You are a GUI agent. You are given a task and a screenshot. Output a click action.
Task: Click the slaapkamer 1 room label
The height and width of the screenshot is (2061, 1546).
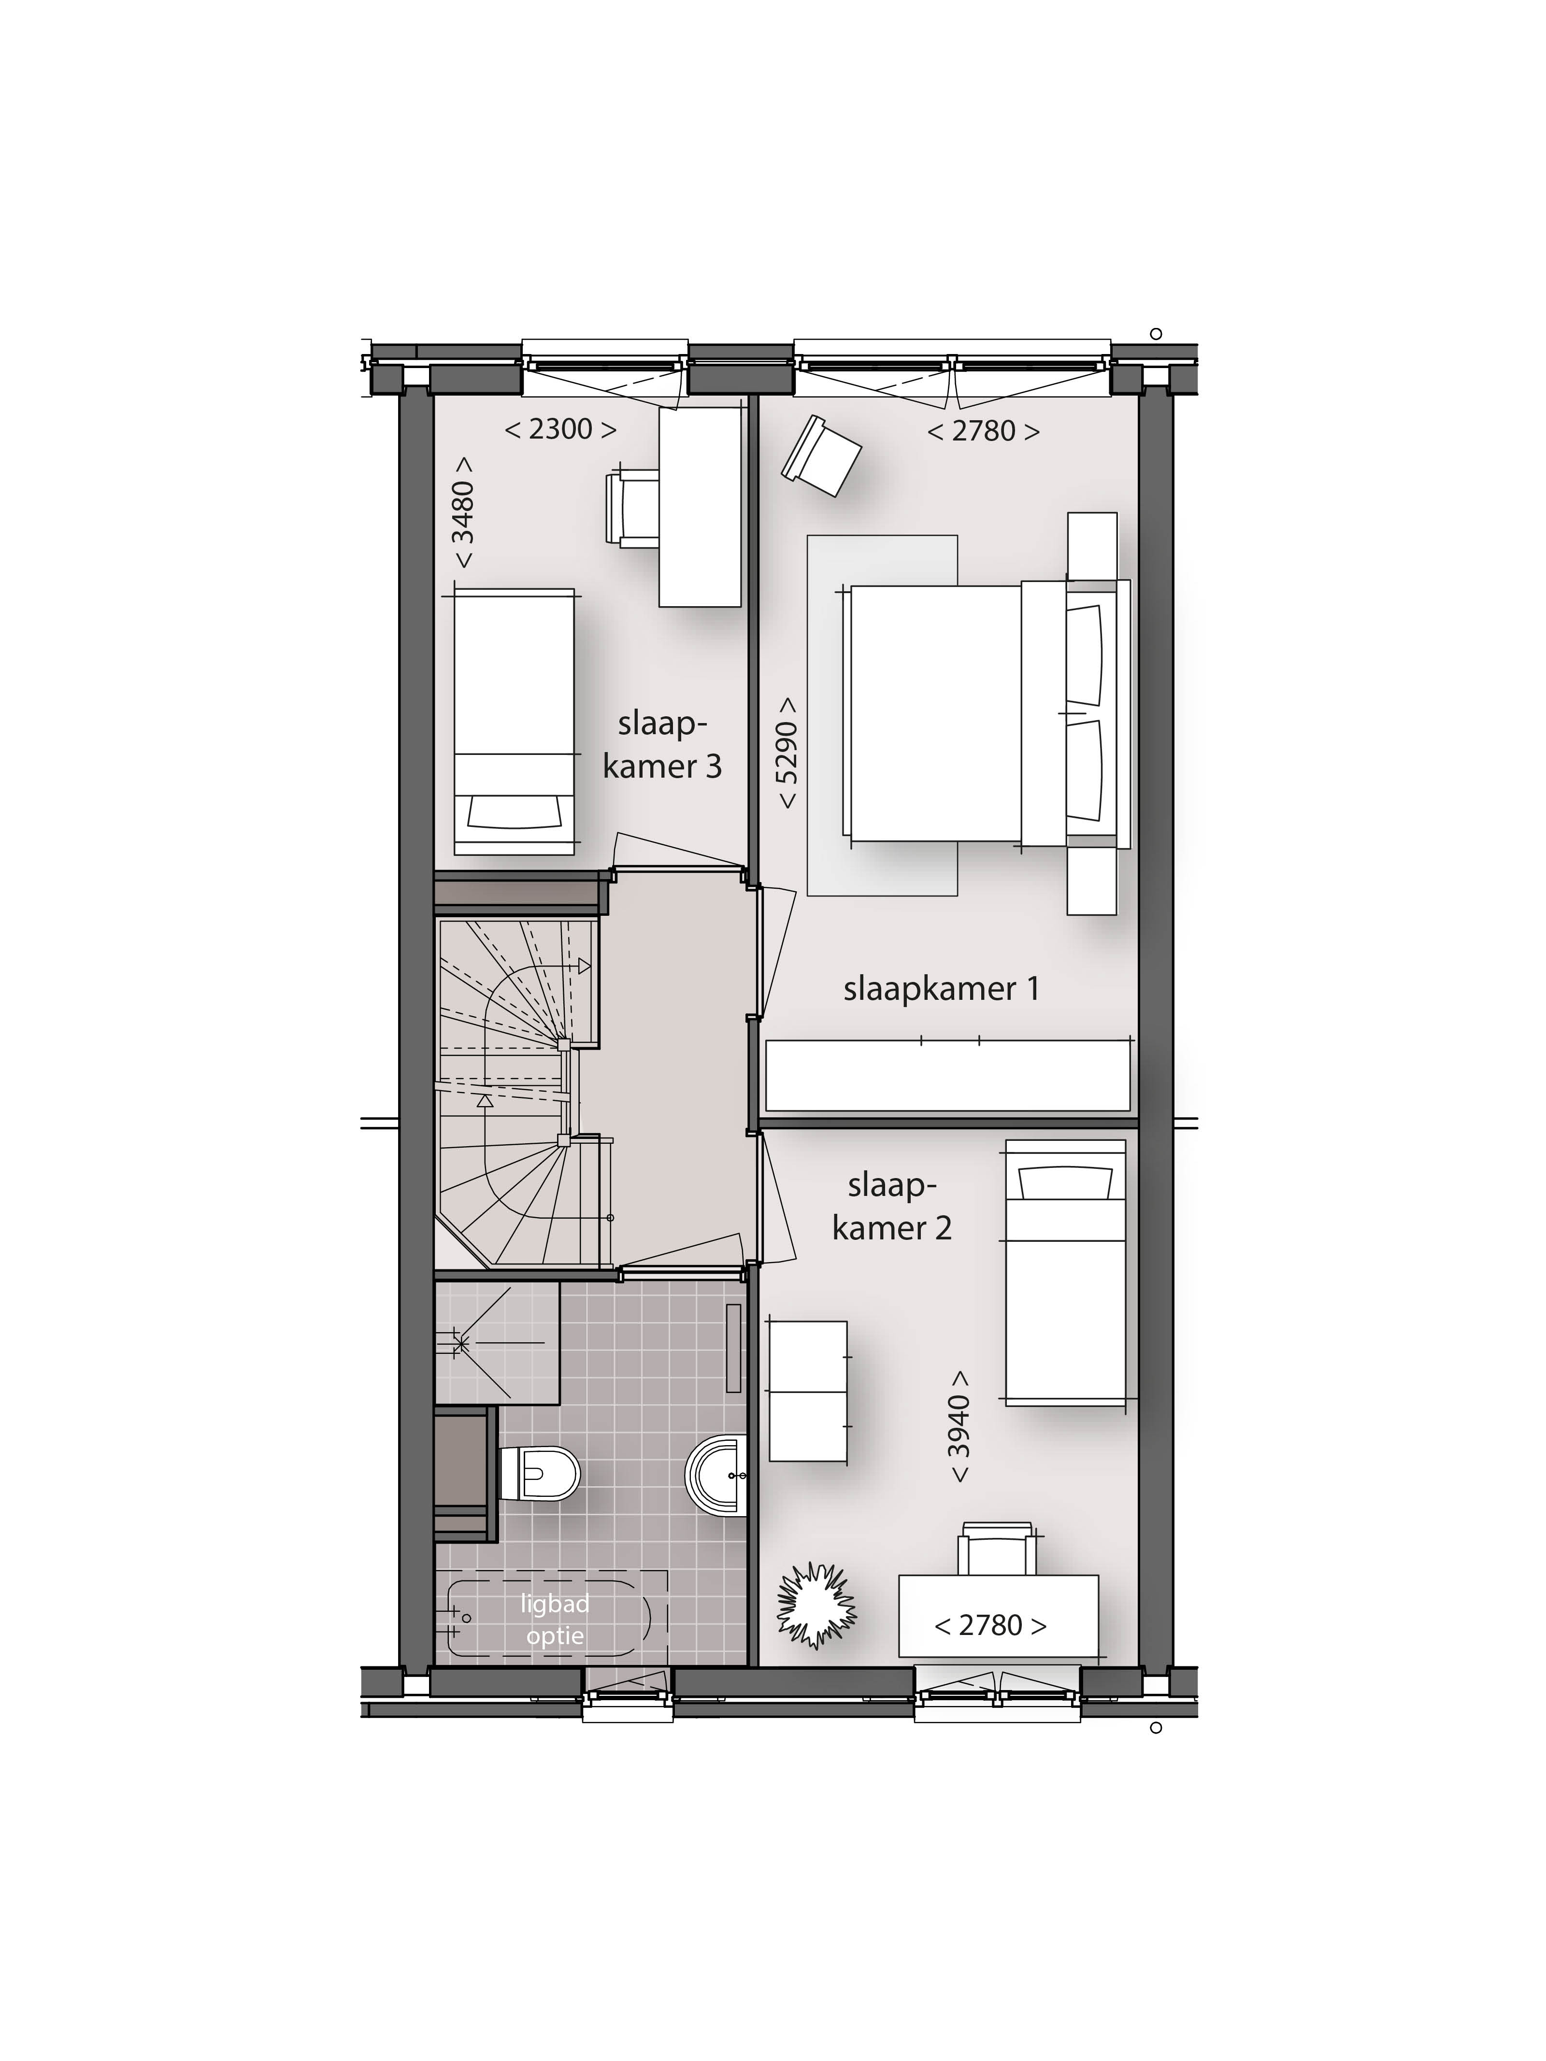(x=941, y=989)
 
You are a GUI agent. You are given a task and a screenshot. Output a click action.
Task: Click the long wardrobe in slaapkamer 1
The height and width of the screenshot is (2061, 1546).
(x=948, y=1075)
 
